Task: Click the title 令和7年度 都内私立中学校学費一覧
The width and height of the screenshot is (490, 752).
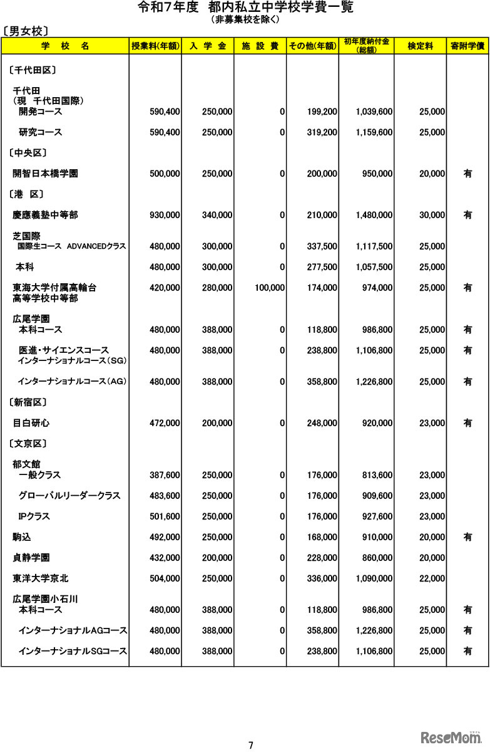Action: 245,8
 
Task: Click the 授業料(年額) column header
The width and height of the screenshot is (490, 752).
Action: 155,46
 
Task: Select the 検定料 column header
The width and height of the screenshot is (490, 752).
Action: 420,46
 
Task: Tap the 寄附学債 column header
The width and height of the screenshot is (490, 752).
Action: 467,46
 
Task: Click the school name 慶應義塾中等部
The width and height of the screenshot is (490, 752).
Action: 45,215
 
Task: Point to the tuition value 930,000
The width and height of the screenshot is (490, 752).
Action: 165,215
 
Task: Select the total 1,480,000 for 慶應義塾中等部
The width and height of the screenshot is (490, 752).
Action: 374,215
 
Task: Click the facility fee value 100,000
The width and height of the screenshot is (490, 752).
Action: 270,288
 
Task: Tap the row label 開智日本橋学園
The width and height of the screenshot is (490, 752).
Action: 45,174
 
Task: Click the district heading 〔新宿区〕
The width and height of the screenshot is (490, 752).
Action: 29,402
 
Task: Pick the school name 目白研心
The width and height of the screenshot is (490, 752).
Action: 31,423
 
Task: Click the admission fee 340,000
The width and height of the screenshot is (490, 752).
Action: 217,215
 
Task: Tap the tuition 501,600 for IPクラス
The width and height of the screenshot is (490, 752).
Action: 165,516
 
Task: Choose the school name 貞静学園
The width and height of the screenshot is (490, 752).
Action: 31,558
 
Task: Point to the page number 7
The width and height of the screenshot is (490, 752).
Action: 250,745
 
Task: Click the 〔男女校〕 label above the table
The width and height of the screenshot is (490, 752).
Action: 26,30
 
